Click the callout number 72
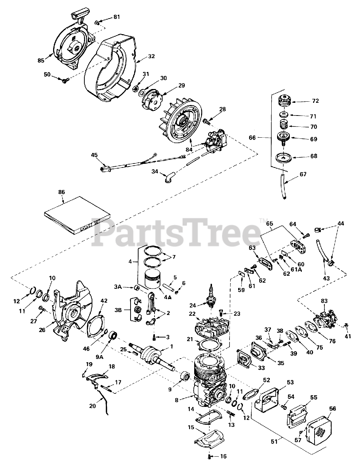315,101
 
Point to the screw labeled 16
210,456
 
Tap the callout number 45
95,155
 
